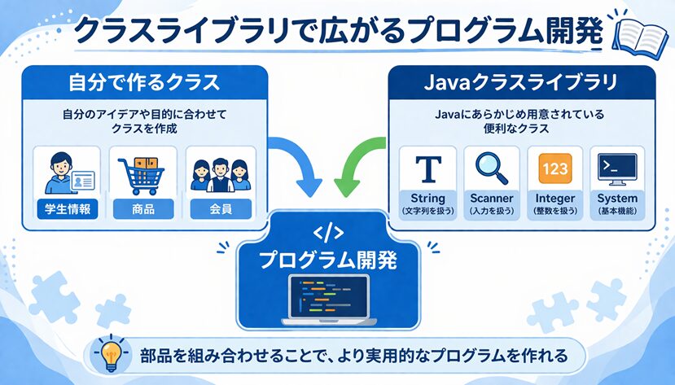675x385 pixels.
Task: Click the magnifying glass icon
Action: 490,168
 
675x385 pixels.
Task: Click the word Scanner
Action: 491,199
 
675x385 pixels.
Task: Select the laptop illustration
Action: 329,298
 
